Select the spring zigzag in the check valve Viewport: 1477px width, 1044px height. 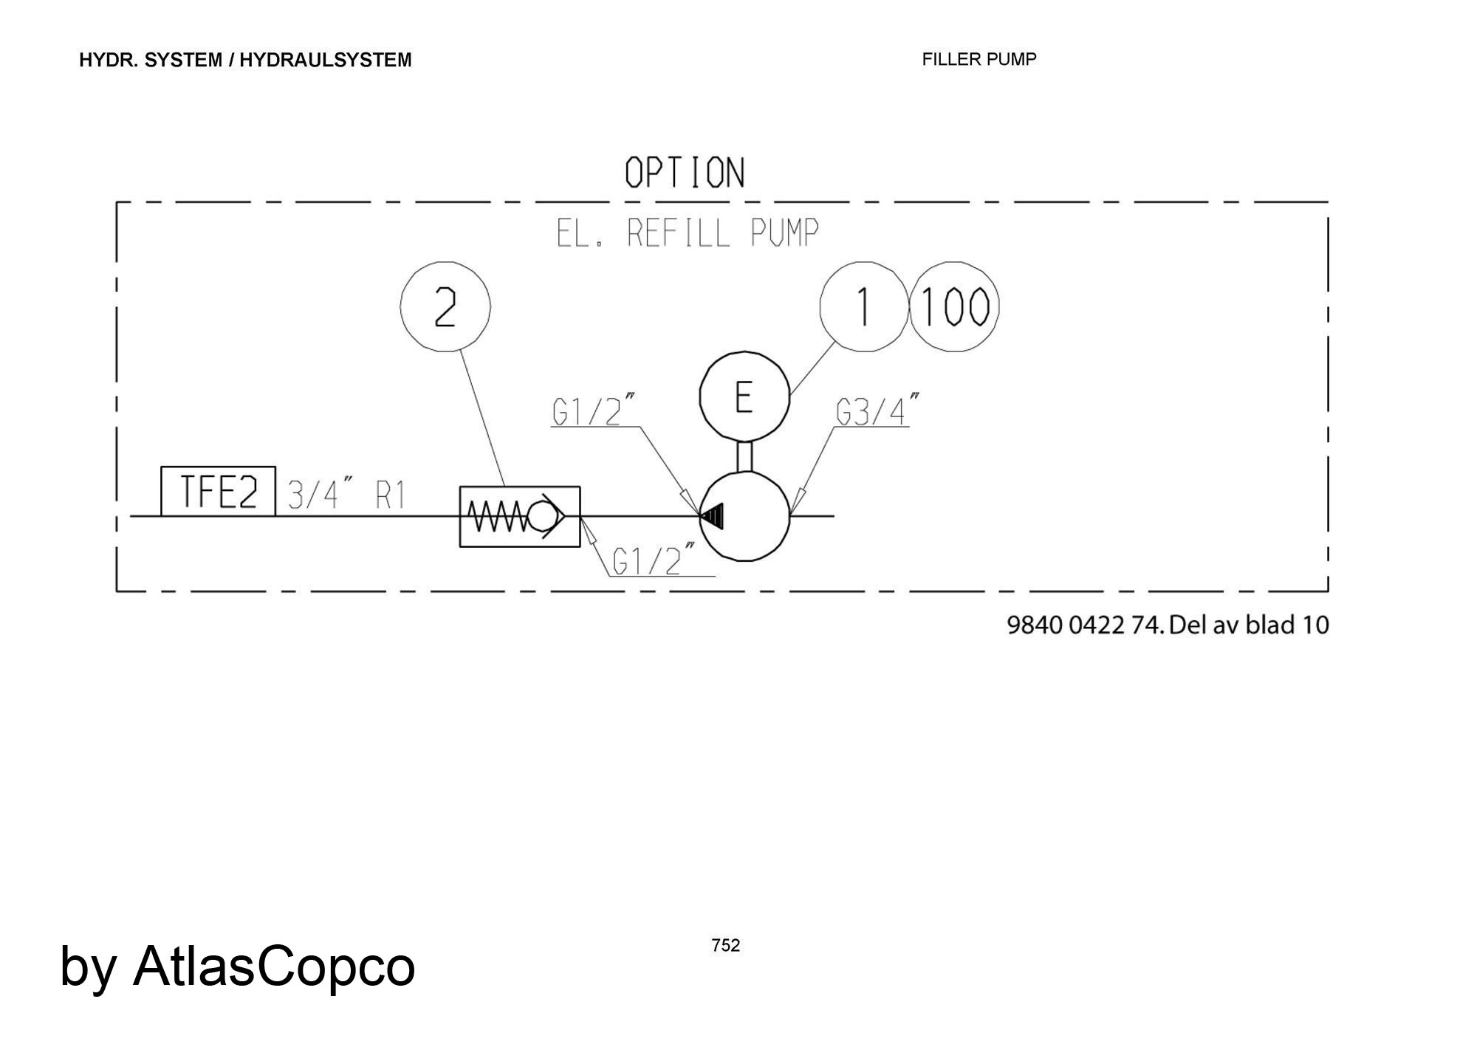(x=498, y=516)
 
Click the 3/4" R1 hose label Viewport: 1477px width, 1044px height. (x=346, y=495)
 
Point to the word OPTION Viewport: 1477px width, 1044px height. (x=685, y=173)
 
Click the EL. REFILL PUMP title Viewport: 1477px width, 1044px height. (x=688, y=233)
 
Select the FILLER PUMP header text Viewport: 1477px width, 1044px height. (x=979, y=59)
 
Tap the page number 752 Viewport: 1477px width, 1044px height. (x=726, y=945)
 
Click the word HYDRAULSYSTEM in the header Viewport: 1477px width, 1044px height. (x=326, y=60)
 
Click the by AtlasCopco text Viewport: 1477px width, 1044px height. (x=238, y=966)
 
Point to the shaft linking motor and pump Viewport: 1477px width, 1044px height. (x=744, y=456)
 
